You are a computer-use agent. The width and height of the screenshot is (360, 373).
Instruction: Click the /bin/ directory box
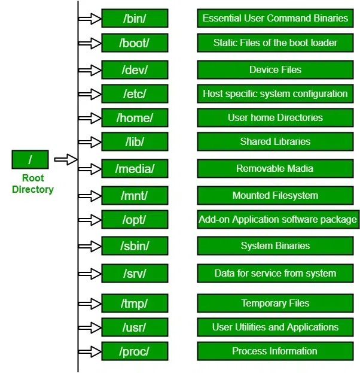coord(135,19)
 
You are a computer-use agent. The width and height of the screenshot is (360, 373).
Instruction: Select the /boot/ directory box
coord(135,43)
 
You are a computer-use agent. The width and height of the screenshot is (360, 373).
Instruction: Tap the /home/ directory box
coord(135,117)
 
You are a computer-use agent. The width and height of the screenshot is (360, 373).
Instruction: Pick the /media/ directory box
coord(135,169)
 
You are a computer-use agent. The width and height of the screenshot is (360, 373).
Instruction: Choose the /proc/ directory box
coord(135,351)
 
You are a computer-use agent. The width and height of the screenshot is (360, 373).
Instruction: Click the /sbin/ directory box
coord(135,245)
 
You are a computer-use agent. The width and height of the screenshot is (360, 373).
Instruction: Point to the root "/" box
coord(30,160)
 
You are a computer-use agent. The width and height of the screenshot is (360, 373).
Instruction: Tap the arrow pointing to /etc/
coord(90,94)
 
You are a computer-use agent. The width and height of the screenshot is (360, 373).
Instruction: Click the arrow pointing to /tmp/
coord(90,304)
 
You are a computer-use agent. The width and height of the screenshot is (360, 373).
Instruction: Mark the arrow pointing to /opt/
coord(90,219)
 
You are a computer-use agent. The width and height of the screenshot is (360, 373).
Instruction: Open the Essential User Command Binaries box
coord(275,19)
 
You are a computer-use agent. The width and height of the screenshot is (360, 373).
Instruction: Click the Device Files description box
coord(275,70)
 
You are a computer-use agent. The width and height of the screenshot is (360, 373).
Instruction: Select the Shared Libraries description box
coord(275,142)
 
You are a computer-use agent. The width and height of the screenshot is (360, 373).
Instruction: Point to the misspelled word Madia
coord(301,169)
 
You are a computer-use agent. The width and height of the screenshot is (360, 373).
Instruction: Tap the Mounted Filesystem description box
coord(275,196)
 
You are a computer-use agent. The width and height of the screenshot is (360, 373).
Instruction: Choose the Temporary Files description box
coord(275,304)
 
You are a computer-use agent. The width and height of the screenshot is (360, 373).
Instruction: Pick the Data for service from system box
coord(275,273)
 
